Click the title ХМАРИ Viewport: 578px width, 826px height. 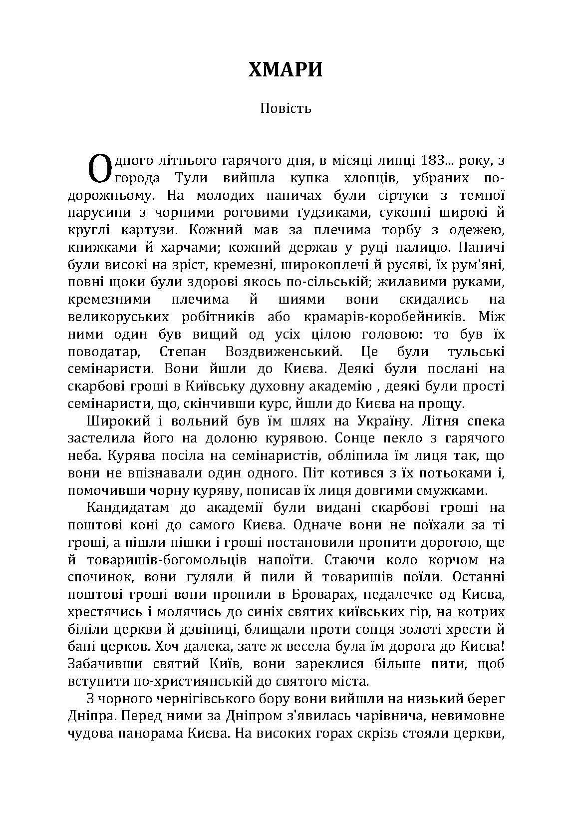tap(286, 70)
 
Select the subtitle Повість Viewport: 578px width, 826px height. tap(286, 108)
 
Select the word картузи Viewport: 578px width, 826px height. tap(148, 230)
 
